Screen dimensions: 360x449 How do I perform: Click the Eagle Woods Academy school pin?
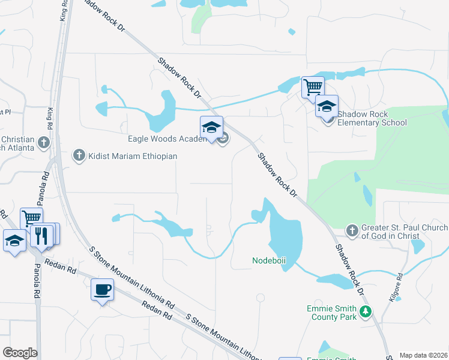point(211,127)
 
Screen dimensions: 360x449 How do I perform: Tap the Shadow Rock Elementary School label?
point(372,118)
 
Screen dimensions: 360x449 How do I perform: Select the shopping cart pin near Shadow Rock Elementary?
point(313,87)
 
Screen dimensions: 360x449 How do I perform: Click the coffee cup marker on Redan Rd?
point(102,289)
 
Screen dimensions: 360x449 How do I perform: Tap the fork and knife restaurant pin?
point(41,235)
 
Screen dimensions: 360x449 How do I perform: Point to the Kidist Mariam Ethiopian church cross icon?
point(78,156)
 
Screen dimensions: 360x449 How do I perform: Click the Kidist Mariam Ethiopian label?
point(133,156)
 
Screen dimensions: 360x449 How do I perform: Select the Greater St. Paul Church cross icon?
point(352,229)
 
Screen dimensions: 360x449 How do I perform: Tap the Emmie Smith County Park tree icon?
point(364,311)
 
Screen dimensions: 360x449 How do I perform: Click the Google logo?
point(20,353)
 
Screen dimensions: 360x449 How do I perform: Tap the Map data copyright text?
point(423,355)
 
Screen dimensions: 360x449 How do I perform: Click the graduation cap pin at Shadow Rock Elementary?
point(327,106)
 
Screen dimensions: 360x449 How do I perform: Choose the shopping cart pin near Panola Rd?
point(31,218)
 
